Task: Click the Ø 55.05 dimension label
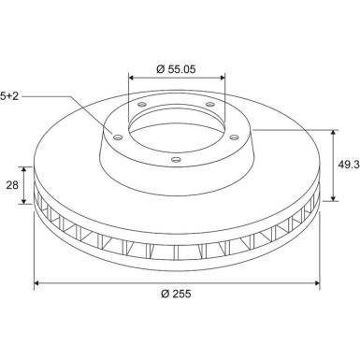pyautogui.click(x=176, y=69)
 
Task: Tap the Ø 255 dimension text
pyautogui.click(x=176, y=294)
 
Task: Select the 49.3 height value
pyautogui.click(x=349, y=165)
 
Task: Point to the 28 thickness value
pyautogui.click(x=12, y=185)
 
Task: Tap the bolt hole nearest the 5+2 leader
pyautogui.click(x=118, y=137)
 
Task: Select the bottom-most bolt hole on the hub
pyautogui.click(x=176, y=160)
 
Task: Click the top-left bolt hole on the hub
pyautogui.click(x=142, y=104)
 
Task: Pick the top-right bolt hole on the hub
pyautogui.click(x=210, y=104)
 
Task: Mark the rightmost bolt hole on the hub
pyautogui.click(x=234, y=137)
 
